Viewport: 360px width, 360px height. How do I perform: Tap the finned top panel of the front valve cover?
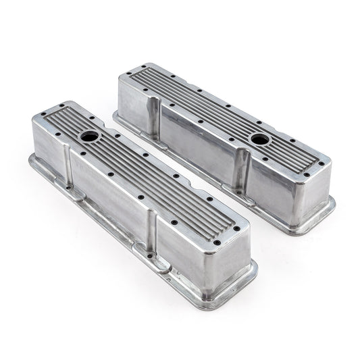click(x=142, y=170)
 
